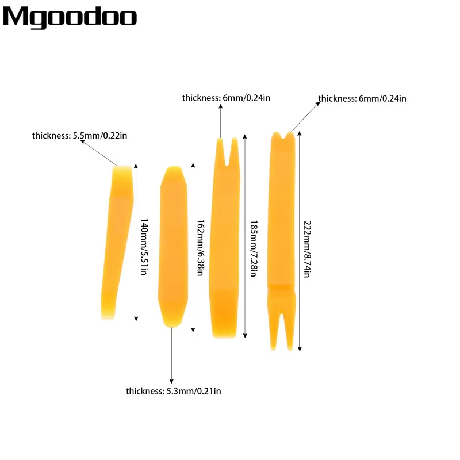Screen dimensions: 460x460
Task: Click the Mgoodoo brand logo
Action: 70,18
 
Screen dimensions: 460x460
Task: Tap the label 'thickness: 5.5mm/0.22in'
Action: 79,136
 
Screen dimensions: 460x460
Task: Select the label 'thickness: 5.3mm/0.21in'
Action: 174,391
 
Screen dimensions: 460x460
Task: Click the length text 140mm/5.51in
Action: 144,247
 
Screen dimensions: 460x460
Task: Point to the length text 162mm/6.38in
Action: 200,247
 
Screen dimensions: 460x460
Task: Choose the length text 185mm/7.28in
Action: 254,248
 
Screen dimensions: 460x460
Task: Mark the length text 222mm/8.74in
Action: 307,249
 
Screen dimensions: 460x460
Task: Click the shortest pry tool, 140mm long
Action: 117,242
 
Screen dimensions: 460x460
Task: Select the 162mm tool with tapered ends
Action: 173,247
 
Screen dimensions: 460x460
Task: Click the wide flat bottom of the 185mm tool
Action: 224,312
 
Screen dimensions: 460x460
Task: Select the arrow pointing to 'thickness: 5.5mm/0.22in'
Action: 98,152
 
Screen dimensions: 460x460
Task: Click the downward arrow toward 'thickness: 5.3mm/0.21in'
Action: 171,355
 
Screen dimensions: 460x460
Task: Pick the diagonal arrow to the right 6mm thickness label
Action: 305,117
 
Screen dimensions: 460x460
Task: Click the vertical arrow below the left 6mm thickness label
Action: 221,121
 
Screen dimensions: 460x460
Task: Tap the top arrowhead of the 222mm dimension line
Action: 300,133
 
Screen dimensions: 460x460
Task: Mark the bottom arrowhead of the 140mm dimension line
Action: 136,319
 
